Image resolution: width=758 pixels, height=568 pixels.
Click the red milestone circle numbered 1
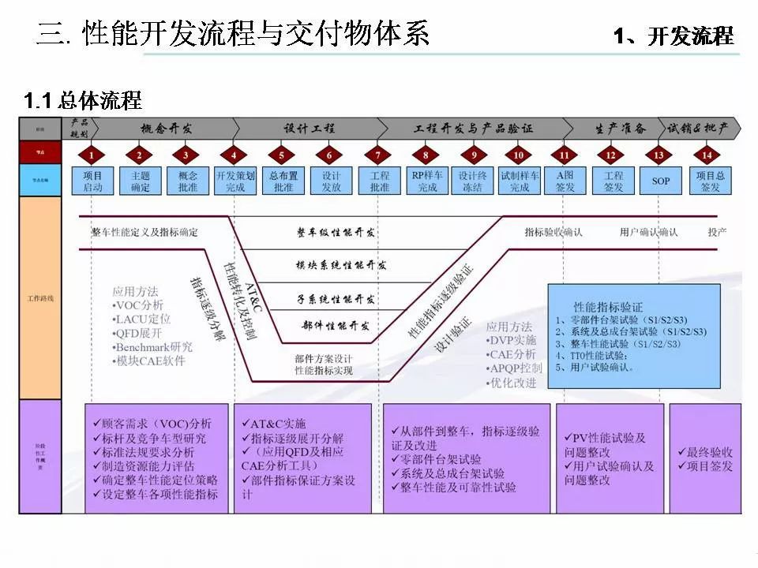tap(92, 155)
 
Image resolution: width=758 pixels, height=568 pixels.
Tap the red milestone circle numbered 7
tap(378, 155)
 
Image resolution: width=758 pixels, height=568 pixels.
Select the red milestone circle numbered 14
tap(707, 155)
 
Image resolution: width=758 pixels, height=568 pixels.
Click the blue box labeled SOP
tap(661, 181)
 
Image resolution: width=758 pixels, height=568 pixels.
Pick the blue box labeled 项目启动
tap(92, 181)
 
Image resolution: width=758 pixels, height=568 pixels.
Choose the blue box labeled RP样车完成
tap(427, 181)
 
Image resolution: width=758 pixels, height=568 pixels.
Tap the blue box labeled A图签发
tap(565, 181)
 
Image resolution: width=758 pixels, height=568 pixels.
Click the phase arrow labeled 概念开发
tap(166, 129)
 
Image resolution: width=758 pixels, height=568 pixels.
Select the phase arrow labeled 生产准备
tap(620, 129)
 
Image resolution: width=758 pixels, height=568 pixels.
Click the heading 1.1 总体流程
tap(83, 101)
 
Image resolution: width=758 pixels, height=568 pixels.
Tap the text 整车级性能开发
tap(336, 233)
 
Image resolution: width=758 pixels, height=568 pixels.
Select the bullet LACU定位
tap(143, 319)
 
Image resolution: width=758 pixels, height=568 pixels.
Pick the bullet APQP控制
tap(514, 368)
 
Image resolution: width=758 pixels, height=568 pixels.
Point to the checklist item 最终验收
tap(705, 452)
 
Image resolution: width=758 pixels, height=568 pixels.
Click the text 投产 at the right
tap(717, 233)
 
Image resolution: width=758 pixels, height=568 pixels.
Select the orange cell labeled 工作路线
tap(40, 298)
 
